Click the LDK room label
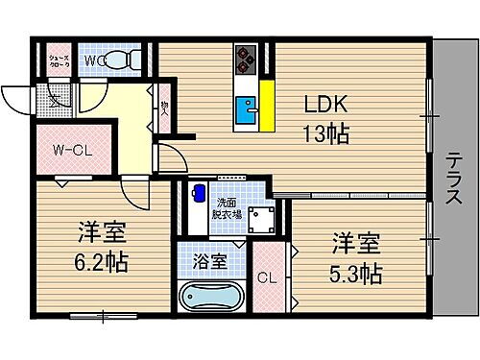327,103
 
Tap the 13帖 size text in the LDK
327,134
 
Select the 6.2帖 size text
98,260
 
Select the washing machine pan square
260,221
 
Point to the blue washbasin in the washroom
199,192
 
